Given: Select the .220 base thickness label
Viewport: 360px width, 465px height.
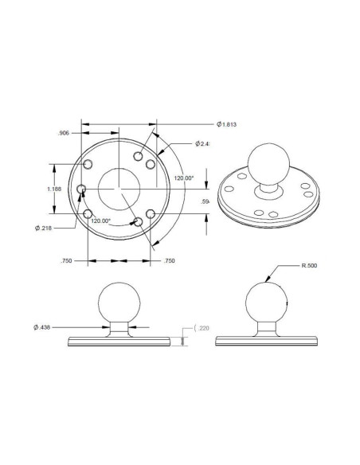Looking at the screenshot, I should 203,328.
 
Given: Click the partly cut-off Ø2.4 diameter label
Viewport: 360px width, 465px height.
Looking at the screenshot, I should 203,144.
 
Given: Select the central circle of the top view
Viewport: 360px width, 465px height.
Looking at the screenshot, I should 119,188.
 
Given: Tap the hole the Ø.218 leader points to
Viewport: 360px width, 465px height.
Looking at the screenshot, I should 82,190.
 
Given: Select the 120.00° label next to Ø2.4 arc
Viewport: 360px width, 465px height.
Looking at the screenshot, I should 184,178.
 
